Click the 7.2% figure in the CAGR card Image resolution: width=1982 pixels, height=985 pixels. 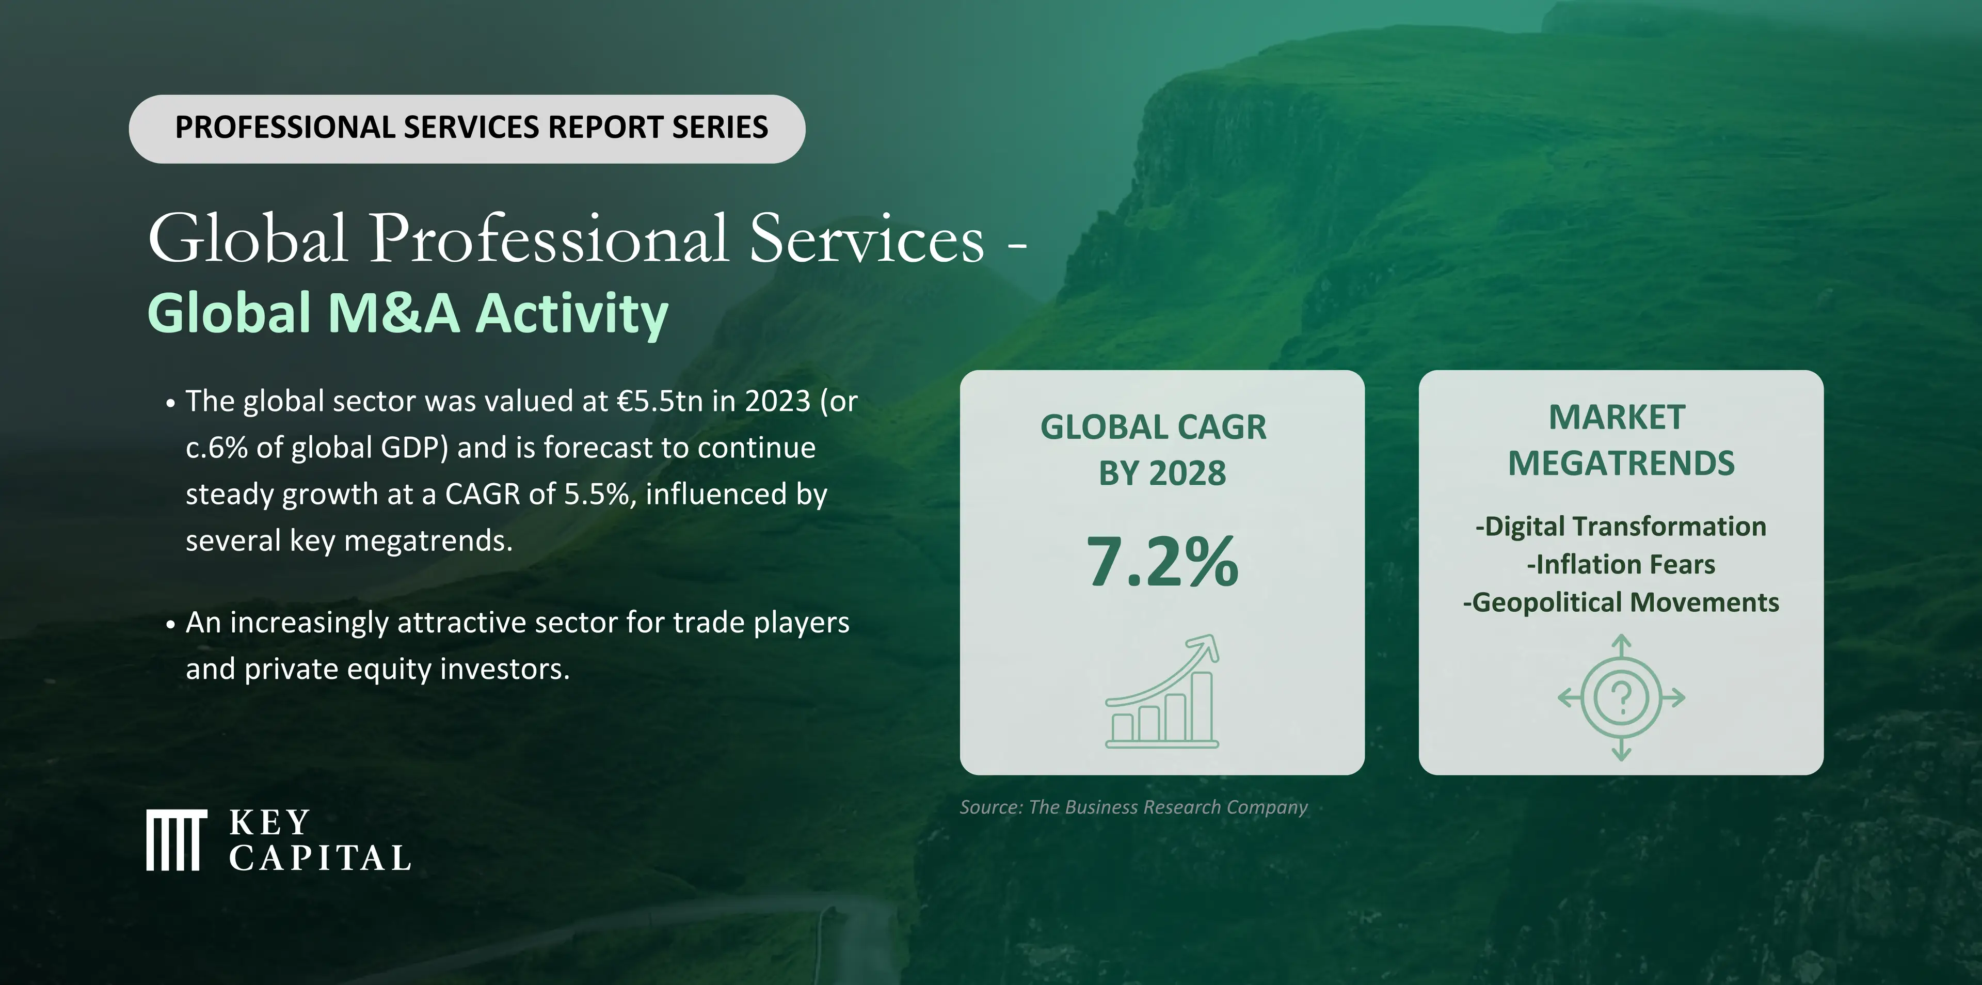tap(1162, 562)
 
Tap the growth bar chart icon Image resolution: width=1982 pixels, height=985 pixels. tap(1162, 691)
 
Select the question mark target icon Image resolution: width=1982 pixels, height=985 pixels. tap(1621, 698)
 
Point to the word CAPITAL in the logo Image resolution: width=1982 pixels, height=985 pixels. tap(320, 858)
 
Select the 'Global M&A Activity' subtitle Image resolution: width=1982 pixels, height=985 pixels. tap(408, 313)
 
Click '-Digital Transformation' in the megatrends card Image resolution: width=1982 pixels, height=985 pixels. tap(1621, 527)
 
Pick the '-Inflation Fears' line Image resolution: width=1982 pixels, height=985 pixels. tap(1621, 564)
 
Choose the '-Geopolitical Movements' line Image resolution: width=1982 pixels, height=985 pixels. tap(1621, 602)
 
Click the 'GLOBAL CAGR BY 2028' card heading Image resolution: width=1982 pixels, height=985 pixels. tap(1154, 450)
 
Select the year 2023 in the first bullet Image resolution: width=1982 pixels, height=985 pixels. tap(778, 401)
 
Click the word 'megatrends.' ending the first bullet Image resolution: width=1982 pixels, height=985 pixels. tap(428, 542)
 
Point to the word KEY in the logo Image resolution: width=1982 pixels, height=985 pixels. tap(269, 822)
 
